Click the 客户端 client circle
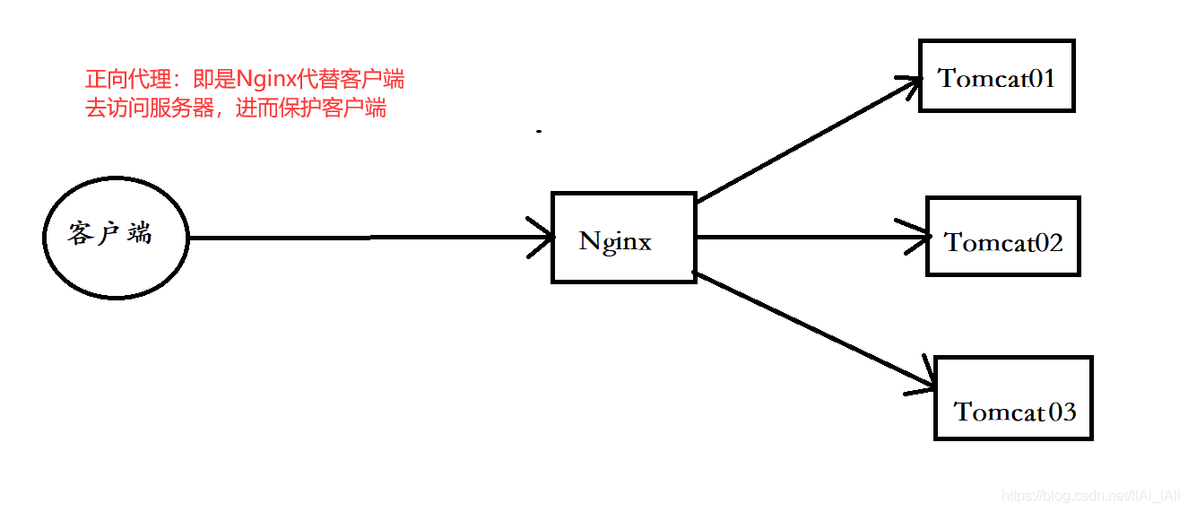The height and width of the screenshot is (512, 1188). coord(116,238)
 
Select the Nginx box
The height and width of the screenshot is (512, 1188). coord(623,238)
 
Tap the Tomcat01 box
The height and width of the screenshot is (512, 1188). coord(996,76)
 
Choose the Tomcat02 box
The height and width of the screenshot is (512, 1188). coord(1002,237)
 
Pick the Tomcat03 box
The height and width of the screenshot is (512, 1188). coord(1013,398)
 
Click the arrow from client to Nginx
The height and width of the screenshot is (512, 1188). coord(359,238)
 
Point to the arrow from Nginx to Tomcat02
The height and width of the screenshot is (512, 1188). coord(807,238)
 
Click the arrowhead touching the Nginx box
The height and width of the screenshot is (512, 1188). coord(542,238)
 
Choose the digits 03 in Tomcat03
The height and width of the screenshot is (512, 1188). coord(1061,412)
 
